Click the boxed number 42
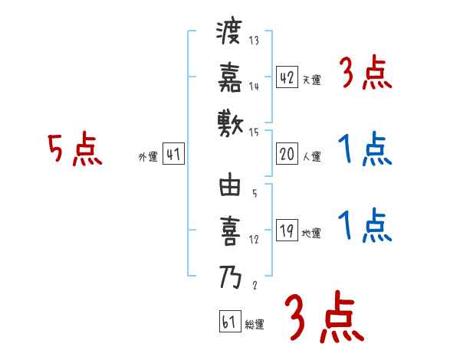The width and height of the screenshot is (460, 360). coord(287,77)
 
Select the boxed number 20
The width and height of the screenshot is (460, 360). coord(287,154)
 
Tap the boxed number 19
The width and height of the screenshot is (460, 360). coord(287,231)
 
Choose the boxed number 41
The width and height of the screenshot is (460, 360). coord(173,155)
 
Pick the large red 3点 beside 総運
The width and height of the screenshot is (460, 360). coord(322,318)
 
